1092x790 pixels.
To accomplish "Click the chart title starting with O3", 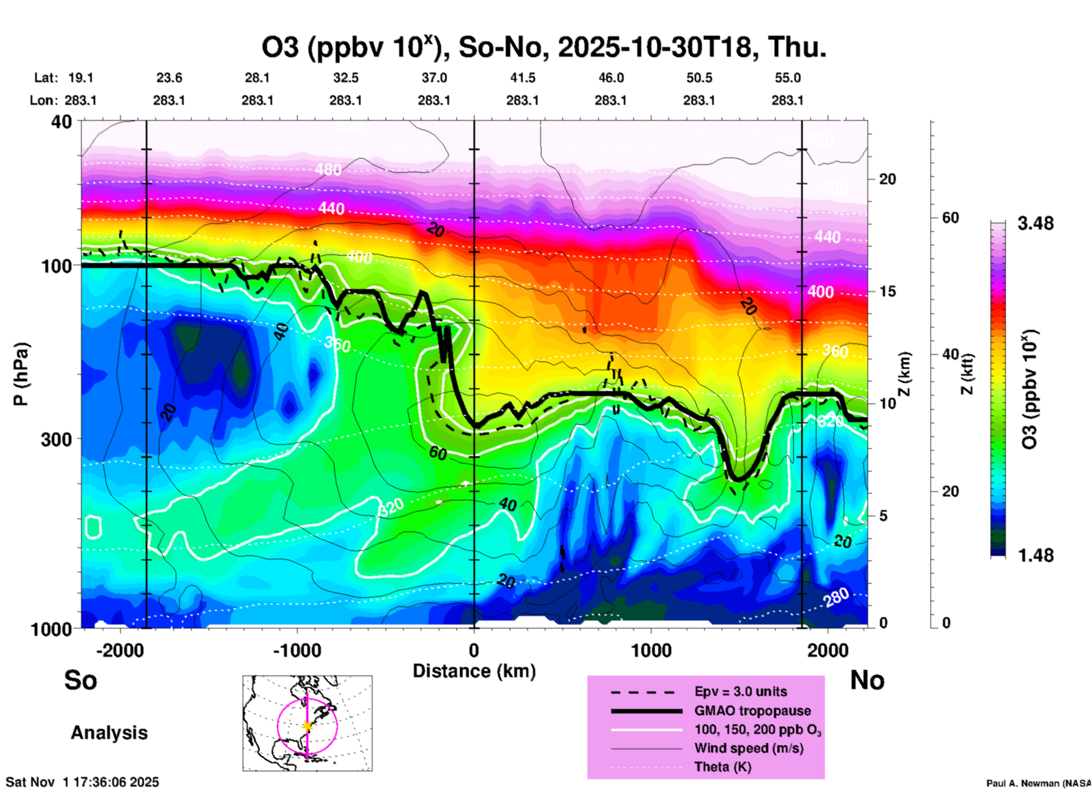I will click(x=543, y=48).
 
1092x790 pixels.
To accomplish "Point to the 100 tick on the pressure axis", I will click(x=57, y=266).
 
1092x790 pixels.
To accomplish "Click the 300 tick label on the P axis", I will click(x=57, y=439).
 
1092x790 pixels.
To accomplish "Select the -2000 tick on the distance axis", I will click(x=120, y=651).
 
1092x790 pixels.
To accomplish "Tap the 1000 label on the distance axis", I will click(x=651, y=651).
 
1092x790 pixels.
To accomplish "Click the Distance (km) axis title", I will click(x=474, y=671).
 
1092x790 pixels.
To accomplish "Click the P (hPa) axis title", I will click(x=21, y=374).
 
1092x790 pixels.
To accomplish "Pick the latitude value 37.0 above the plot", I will click(x=434, y=78).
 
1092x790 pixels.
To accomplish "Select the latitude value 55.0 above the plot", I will click(x=788, y=78).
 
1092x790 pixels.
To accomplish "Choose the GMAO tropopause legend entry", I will click(x=752, y=711).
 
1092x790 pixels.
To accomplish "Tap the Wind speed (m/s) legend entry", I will click(x=748, y=749).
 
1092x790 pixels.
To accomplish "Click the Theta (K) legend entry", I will click(x=722, y=767).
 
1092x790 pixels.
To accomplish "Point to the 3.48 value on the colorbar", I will click(x=1035, y=224).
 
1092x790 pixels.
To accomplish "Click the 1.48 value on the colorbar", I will click(x=1035, y=555).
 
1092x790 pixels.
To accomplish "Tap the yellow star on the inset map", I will click(x=307, y=726).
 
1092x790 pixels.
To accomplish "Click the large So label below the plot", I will click(x=81, y=680).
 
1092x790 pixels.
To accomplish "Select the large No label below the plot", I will click(x=867, y=680).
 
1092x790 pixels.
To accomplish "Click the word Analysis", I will click(x=109, y=733).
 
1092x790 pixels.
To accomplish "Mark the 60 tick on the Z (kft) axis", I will click(x=950, y=218).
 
